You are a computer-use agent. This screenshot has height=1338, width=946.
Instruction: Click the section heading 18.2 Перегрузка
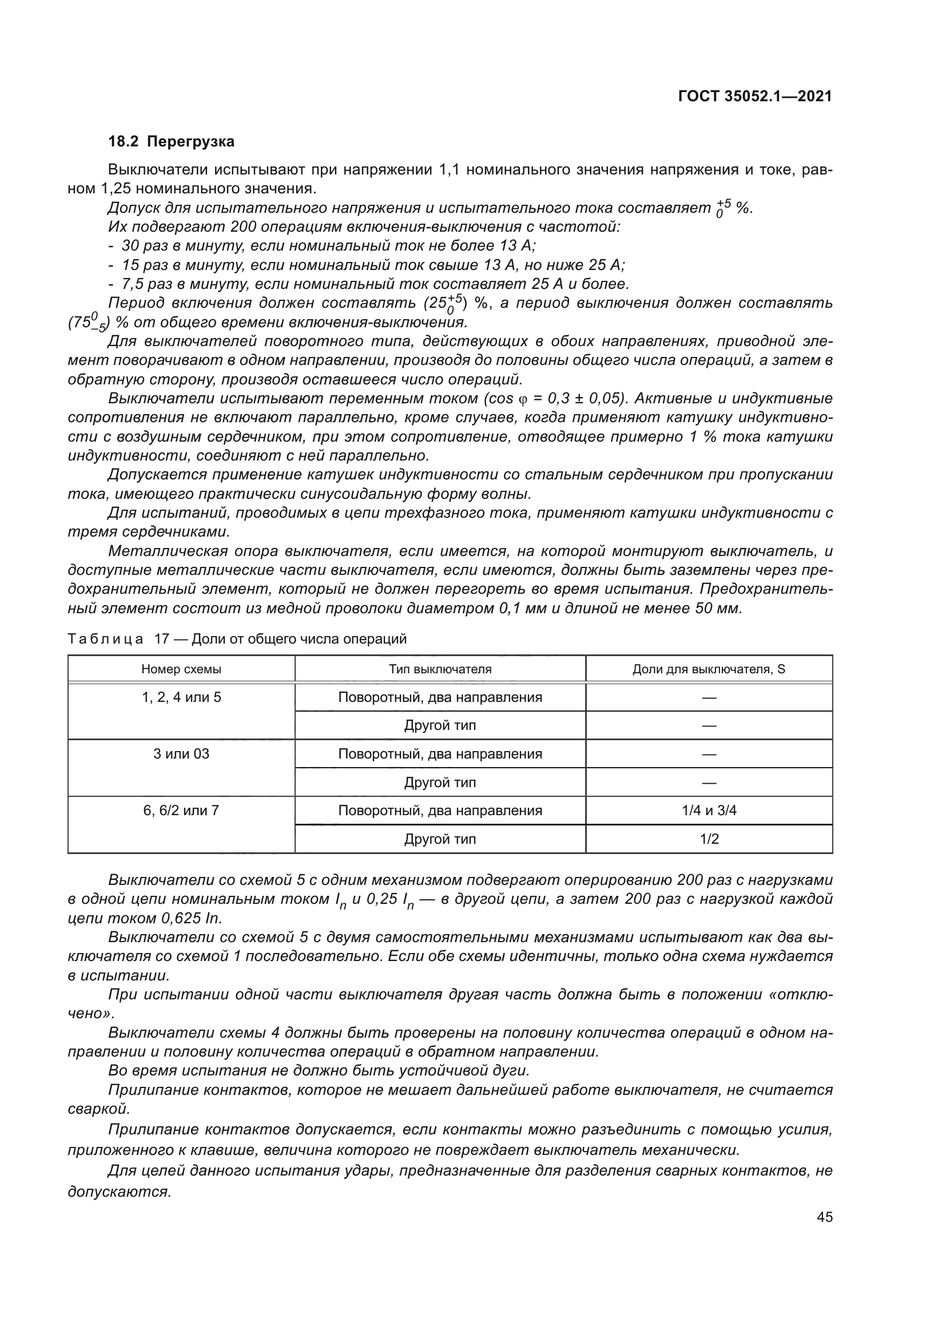(x=171, y=142)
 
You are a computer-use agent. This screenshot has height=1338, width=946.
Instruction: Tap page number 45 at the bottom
(x=824, y=1217)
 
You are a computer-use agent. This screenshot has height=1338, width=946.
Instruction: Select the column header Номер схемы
(x=181, y=669)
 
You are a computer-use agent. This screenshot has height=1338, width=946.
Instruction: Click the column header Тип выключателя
(x=440, y=669)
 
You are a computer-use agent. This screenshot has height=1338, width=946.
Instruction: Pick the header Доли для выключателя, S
(x=708, y=669)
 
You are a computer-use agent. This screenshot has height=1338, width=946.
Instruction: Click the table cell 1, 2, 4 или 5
(x=181, y=697)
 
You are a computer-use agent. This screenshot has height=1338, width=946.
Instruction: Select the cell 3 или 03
(x=181, y=754)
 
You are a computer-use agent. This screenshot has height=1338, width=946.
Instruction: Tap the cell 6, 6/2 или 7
(x=181, y=811)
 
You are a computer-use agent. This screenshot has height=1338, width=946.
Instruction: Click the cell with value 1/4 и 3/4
(x=709, y=811)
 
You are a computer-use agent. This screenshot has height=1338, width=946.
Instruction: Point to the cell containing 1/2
(x=709, y=839)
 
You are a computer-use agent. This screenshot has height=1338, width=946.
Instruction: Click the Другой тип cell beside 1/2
(x=440, y=839)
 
